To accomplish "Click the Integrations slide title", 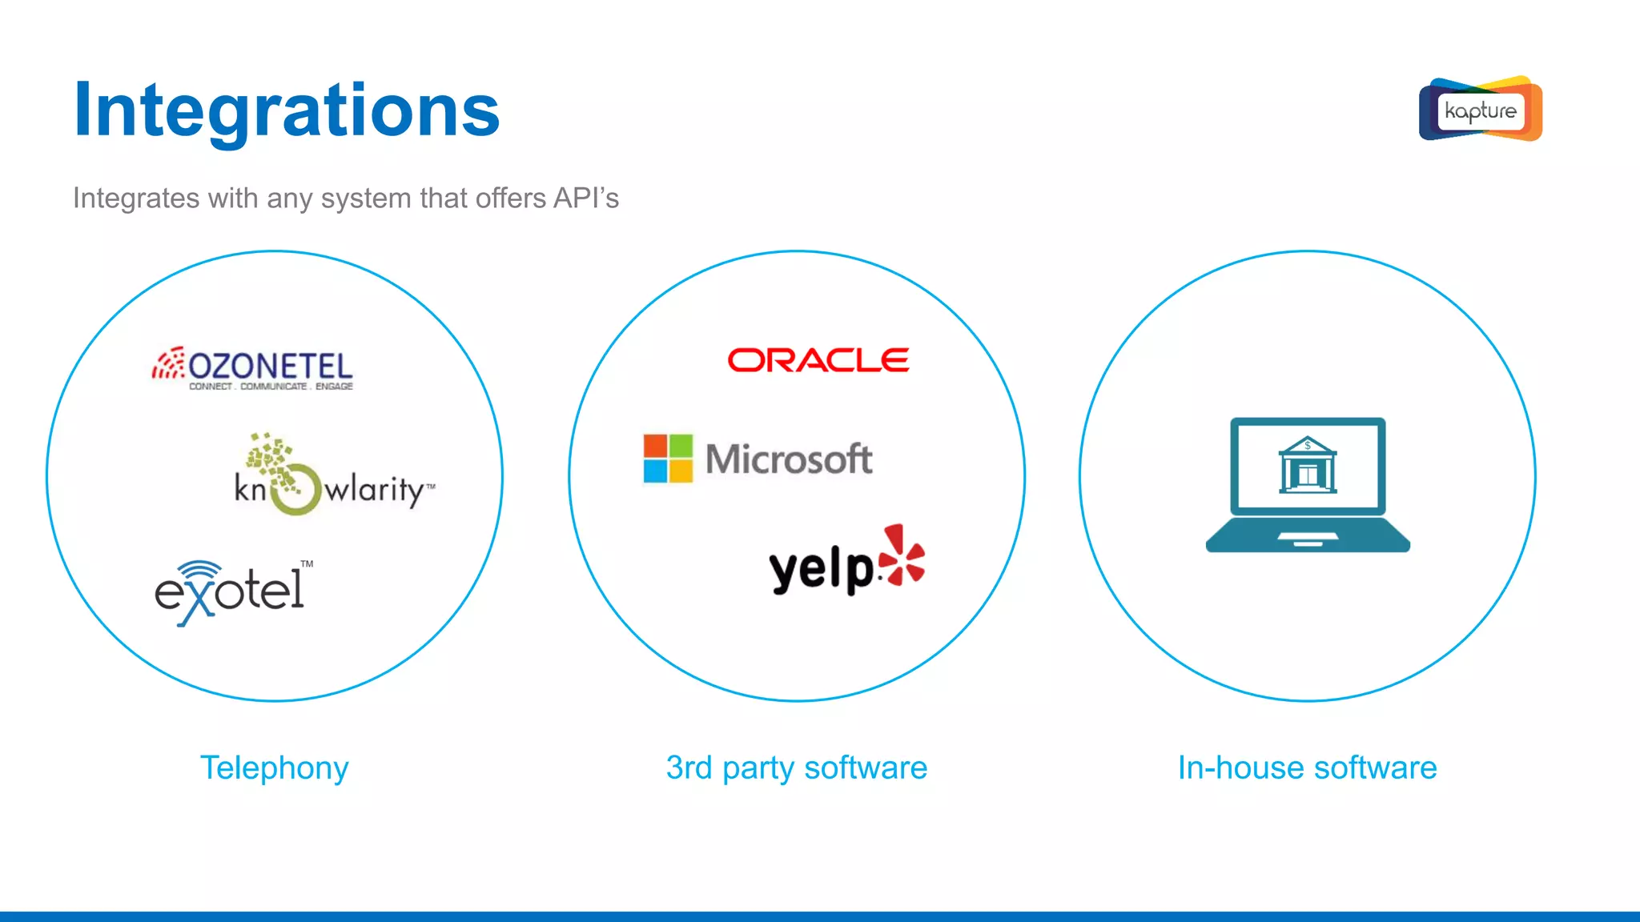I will point(286,110).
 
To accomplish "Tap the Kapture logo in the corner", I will point(1480,110).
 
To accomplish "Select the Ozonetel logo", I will point(253,368).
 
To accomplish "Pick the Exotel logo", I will point(231,591).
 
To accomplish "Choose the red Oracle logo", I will point(818,360).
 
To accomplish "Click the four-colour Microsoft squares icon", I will point(668,459).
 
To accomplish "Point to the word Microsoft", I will point(789,459).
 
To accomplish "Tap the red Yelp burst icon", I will point(903,555).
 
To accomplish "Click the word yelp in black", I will point(821,569).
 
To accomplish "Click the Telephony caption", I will point(274,768).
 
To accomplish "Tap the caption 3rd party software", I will point(796,768).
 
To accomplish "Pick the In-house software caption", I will point(1307,768).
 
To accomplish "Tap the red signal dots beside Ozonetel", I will point(168,364).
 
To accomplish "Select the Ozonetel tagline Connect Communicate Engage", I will point(271,387).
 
